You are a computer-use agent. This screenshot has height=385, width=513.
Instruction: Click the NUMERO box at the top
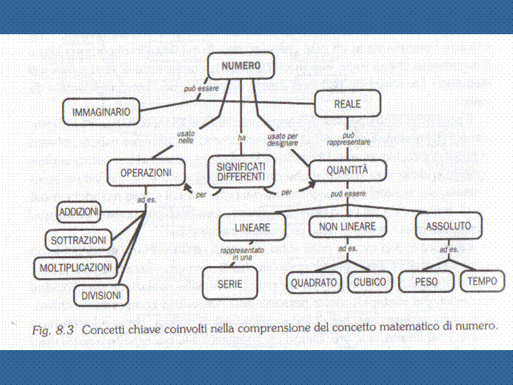point(241,66)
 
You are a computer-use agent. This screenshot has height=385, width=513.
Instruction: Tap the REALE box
point(347,104)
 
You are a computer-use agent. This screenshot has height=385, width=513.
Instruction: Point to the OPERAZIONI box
point(145,173)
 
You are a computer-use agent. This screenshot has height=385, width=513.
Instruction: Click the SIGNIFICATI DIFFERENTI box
point(240,171)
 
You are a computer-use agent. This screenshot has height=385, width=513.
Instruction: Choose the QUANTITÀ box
point(347,170)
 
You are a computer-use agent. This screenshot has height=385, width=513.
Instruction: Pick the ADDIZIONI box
point(79,212)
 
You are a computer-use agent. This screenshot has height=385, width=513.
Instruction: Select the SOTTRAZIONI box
point(78,241)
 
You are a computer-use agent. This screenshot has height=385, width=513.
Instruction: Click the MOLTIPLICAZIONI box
point(74,267)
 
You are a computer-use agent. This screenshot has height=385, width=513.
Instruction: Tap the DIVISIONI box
point(100,294)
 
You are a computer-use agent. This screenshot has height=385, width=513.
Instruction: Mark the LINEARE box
point(252,227)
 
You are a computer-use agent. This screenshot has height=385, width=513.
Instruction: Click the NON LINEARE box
point(347,227)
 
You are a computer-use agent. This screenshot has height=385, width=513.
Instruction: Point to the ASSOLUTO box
point(448,227)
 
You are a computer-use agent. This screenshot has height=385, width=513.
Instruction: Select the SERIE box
point(230,283)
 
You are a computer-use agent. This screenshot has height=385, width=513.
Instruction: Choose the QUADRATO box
point(313,282)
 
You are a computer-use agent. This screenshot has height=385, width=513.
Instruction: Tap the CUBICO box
point(370,282)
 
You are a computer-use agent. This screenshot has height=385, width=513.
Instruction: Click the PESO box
point(427,282)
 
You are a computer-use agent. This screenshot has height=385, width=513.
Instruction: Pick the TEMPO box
point(482,282)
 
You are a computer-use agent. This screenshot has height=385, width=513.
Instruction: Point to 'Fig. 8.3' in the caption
point(54,329)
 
